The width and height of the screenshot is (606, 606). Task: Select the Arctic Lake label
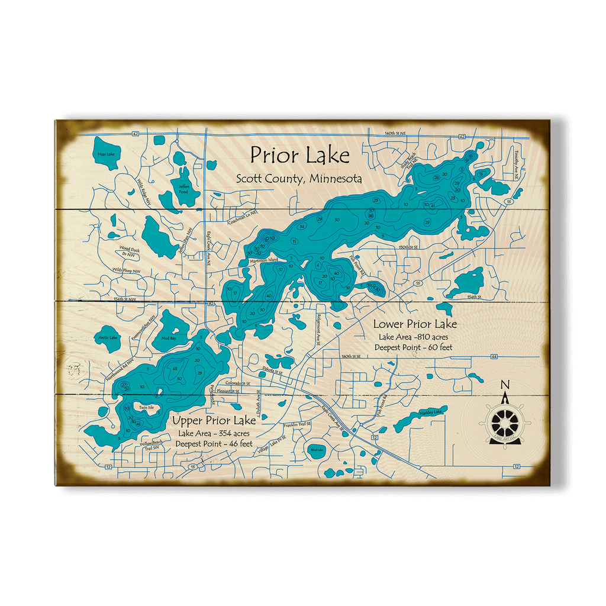point(108,338)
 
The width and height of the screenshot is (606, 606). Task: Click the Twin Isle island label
point(146,408)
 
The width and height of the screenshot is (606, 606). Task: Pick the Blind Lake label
point(317,450)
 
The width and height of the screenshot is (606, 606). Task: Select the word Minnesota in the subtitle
point(334,178)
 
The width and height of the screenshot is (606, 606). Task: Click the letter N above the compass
point(505,385)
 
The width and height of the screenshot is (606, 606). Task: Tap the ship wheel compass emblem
point(505,423)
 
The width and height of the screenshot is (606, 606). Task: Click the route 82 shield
point(211,303)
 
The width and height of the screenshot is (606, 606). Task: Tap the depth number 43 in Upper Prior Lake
point(175,369)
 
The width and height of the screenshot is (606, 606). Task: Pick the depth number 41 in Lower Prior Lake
point(433,205)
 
